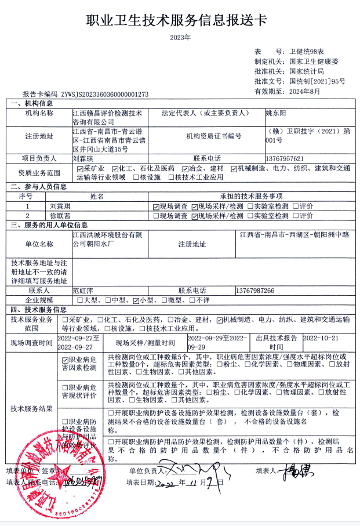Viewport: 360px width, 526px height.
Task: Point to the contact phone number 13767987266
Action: coord(255,290)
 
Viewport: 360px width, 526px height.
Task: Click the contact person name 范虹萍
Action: coord(83,290)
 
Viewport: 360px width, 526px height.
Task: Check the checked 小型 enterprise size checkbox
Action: coord(136,300)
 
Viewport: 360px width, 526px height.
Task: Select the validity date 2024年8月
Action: coord(304,91)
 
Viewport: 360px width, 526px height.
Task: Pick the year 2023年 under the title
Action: coord(180,38)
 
